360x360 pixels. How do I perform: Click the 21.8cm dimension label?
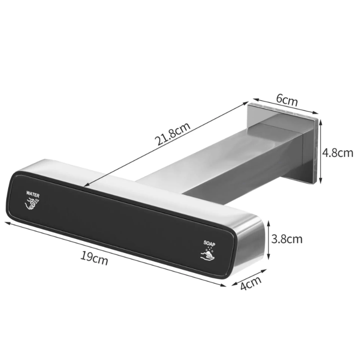[173, 134]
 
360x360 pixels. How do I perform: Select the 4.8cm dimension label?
[337, 153]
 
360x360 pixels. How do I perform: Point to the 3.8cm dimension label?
[287, 239]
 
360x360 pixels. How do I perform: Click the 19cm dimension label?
[94, 258]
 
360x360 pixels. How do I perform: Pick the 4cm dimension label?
[251, 282]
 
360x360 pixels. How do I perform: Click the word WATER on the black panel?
[33, 194]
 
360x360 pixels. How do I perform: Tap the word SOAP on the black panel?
[209, 243]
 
